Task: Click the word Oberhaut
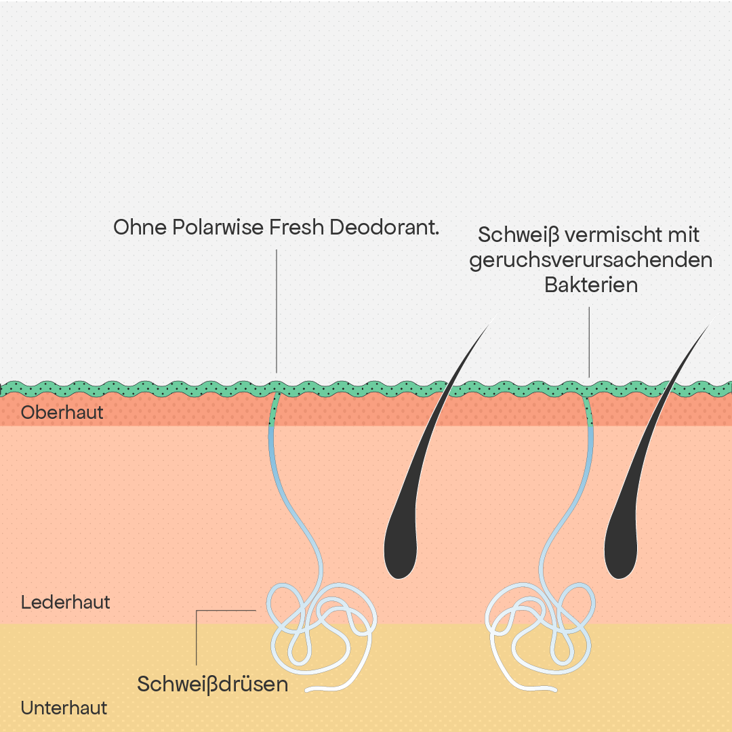tap(62, 412)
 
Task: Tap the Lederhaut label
tap(65, 603)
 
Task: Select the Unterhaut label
tap(64, 708)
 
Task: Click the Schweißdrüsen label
tap(212, 684)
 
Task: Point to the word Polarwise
tap(218, 227)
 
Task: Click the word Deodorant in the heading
tap(384, 227)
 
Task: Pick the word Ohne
tap(140, 227)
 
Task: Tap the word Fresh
tap(296, 227)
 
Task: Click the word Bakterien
tap(591, 285)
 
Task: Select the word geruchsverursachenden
tap(591, 260)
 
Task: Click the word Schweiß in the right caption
tap(518, 235)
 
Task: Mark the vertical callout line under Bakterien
tap(589, 342)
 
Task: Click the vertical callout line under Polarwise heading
tap(277, 311)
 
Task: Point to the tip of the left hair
tap(495, 317)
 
